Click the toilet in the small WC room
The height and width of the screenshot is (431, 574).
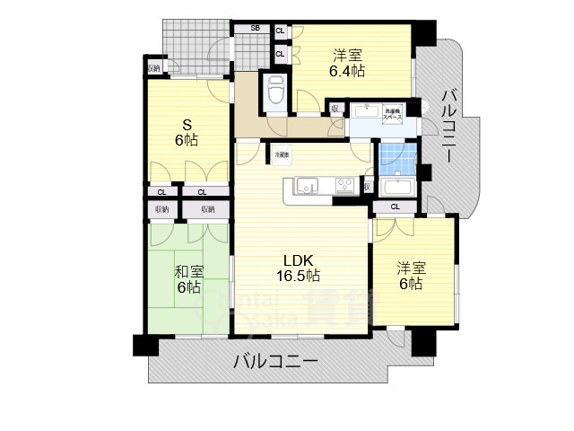point(275,90)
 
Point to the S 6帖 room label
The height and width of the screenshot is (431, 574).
point(186,132)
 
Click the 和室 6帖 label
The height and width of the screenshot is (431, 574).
point(187,279)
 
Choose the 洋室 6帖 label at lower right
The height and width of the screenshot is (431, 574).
point(411,276)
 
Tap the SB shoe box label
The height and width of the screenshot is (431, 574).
point(255,29)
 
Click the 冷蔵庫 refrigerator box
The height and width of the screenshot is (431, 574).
point(283,154)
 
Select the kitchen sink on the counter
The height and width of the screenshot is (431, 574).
point(308,186)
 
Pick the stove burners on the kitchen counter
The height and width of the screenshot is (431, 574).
point(345,186)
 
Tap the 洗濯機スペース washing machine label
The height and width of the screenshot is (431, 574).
point(393,114)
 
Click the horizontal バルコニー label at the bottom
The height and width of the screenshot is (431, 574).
point(275,362)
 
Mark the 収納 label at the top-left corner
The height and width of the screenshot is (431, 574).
point(153,68)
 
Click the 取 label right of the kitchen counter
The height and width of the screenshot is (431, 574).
point(367,187)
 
